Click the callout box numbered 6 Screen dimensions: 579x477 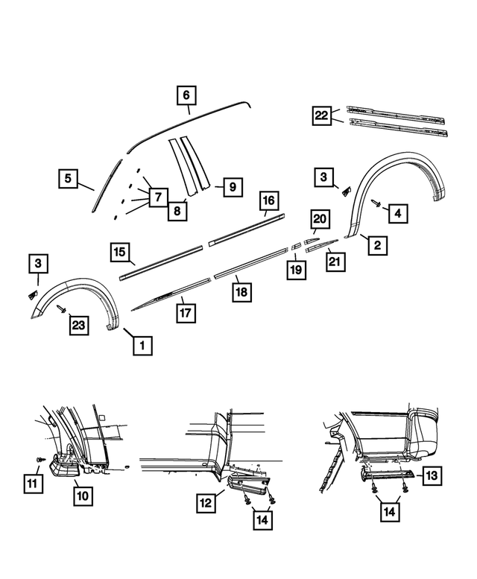[x=186, y=95]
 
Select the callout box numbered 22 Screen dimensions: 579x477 [x=322, y=115]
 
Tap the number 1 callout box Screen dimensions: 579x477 [x=142, y=345]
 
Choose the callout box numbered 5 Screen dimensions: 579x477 [x=68, y=179]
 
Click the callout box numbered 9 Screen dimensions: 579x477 [x=231, y=187]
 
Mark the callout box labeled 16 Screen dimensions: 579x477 [x=268, y=201]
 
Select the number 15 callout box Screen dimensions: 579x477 [x=119, y=253]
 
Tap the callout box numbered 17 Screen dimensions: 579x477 [x=186, y=311]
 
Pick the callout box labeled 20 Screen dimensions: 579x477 [x=320, y=219]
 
